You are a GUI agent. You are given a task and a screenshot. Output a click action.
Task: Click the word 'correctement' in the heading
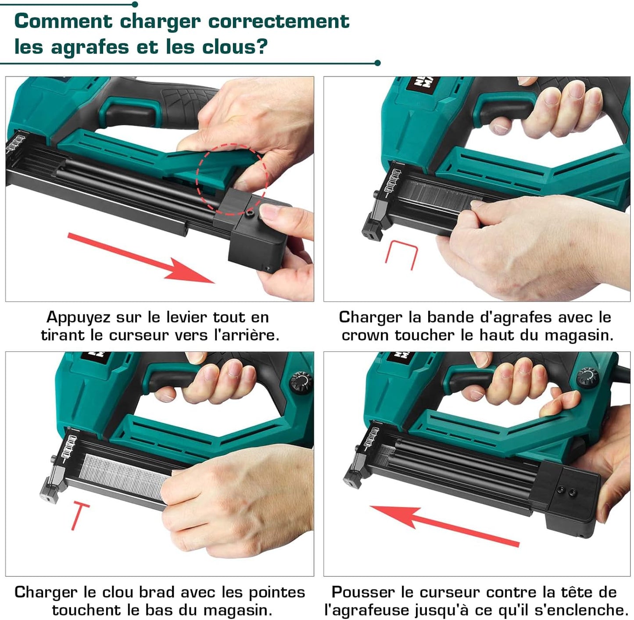point(279,21)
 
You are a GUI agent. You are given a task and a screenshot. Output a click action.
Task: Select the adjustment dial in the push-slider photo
point(588,378)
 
